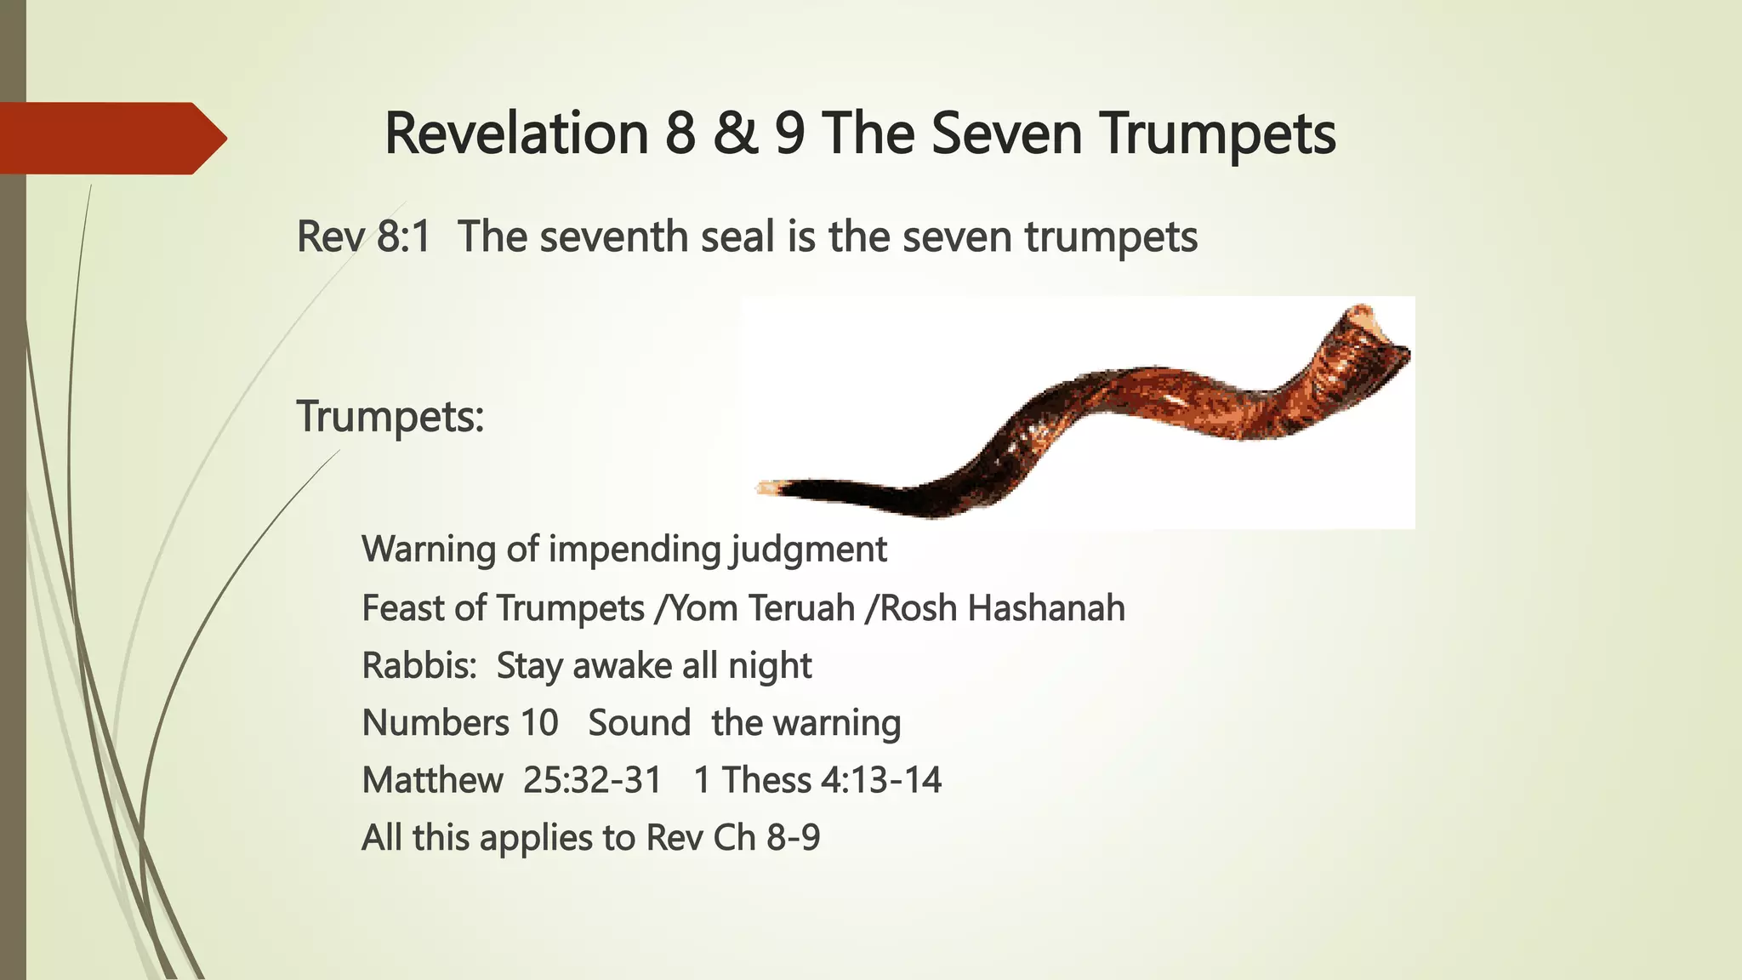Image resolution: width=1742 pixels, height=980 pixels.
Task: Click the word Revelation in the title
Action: [x=516, y=134]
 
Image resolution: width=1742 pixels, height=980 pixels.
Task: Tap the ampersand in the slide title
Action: [x=736, y=134]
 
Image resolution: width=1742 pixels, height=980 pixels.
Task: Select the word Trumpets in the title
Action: [x=1217, y=134]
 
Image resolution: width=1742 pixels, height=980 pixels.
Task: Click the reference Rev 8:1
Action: [x=364, y=236]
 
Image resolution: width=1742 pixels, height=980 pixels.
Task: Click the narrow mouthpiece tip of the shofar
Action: [x=768, y=488]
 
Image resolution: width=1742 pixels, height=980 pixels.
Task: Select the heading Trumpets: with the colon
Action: [x=390, y=417]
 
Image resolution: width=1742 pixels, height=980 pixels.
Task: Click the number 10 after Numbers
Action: [x=539, y=723]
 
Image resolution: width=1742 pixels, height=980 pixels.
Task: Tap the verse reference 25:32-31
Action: [x=592, y=780]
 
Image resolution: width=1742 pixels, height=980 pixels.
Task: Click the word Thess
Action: [x=766, y=780]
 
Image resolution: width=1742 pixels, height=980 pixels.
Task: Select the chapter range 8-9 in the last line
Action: [x=793, y=838]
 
